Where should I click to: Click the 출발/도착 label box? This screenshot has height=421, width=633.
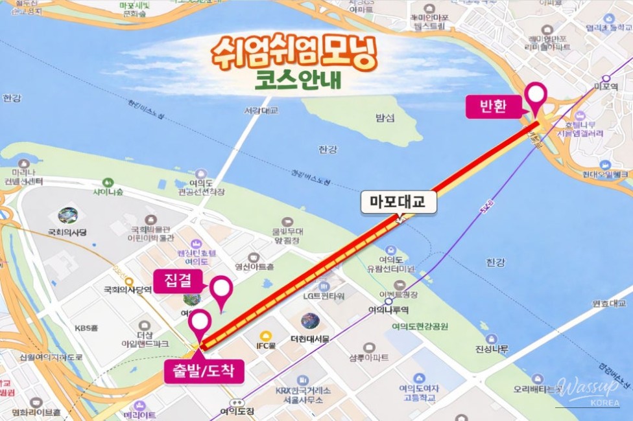coord(204,371)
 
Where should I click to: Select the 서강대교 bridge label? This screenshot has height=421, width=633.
coord(261,110)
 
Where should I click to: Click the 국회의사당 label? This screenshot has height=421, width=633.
coord(67,231)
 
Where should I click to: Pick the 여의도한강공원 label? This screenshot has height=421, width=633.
coord(420,326)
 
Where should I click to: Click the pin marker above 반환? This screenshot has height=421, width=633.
coord(536,96)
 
